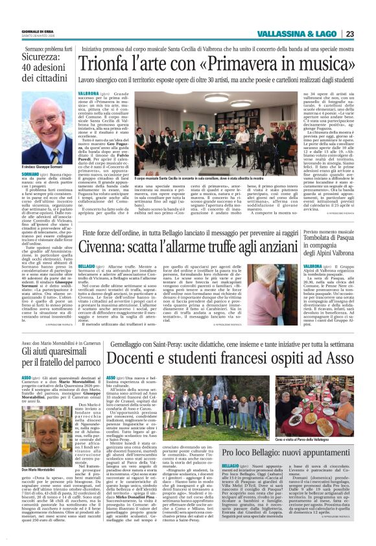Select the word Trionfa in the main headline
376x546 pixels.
113,64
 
